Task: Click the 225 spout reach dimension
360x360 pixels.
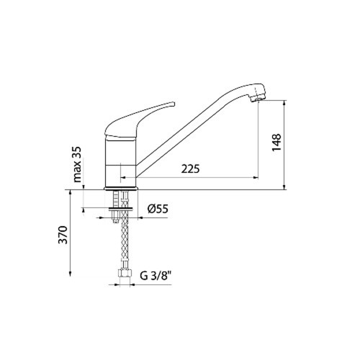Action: pyautogui.click(x=190, y=169)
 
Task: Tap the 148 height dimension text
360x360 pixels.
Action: pyautogui.click(x=276, y=143)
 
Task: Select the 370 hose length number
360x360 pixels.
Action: pyautogui.click(x=63, y=235)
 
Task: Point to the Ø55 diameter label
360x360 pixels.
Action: pyautogui.click(x=158, y=209)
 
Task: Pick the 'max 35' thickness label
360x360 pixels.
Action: pyautogui.click(x=77, y=164)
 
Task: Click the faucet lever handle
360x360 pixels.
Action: pyautogui.click(x=140, y=120)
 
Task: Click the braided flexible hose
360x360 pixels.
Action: pyautogui.click(x=125, y=230)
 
